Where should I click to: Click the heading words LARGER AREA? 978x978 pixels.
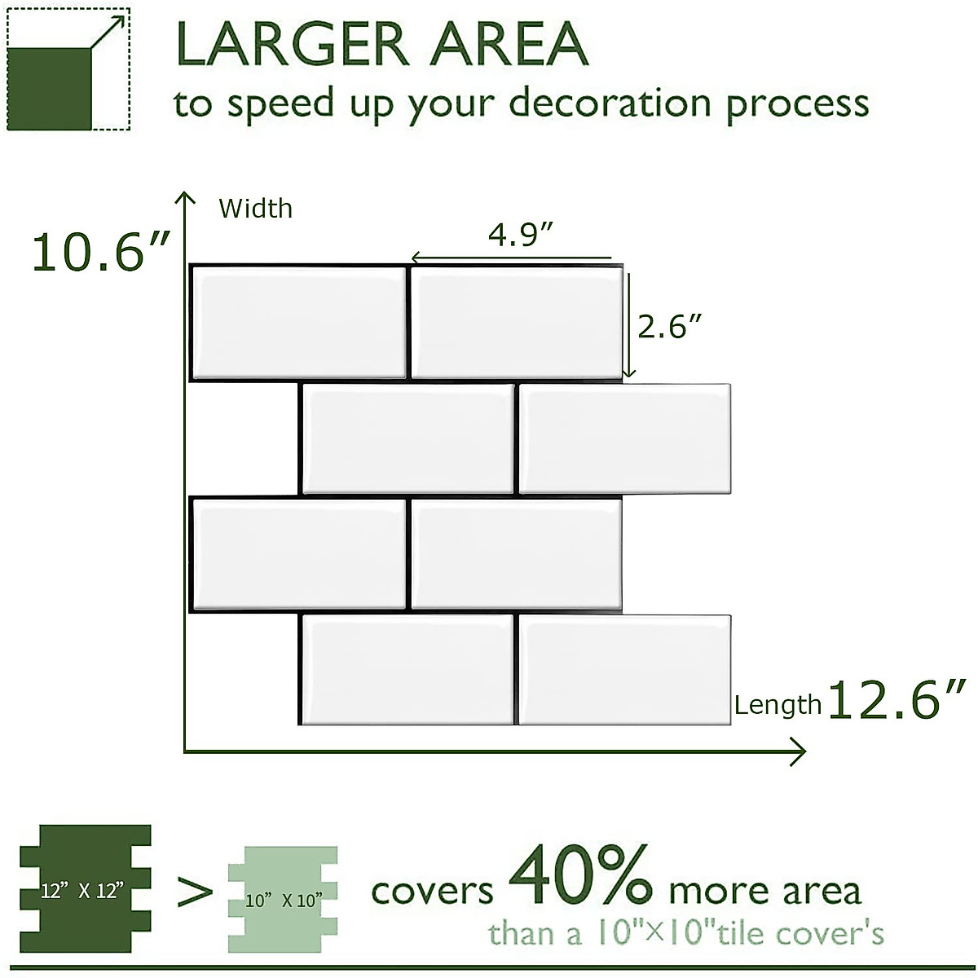(x=381, y=45)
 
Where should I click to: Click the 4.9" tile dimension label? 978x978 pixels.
(x=521, y=235)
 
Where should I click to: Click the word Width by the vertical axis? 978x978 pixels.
(x=255, y=209)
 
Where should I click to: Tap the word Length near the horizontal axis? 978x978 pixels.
(x=778, y=705)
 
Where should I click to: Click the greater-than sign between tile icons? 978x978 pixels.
(x=194, y=892)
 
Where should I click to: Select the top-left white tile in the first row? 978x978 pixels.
(x=298, y=322)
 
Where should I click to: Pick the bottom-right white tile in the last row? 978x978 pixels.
(x=624, y=669)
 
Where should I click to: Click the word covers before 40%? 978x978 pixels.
(x=432, y=891)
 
